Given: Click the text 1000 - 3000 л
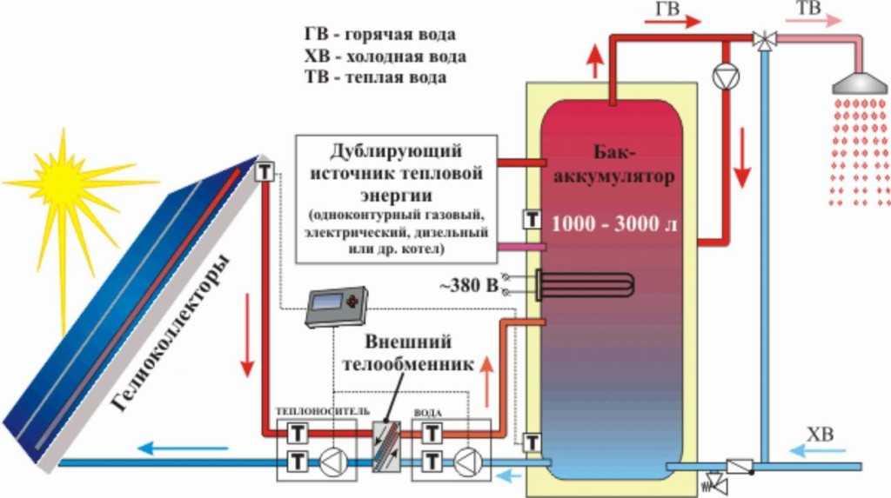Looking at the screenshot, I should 613,222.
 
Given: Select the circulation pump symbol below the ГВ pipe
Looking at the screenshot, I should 722,76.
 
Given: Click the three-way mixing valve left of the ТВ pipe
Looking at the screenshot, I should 763,38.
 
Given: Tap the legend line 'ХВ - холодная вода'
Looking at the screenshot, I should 385,56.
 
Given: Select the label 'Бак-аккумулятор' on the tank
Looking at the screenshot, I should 619,164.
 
